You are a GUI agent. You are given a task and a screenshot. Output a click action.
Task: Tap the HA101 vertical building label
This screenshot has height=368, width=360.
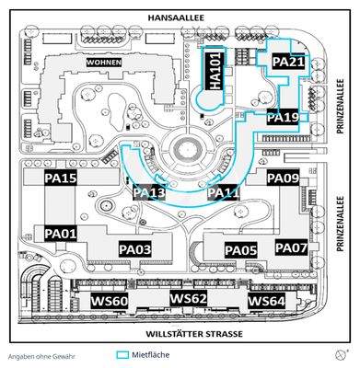(215, 71)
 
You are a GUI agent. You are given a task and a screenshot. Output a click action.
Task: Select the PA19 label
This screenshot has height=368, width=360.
(283, 118)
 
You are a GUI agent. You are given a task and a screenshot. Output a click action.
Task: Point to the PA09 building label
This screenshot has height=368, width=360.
(283, 178)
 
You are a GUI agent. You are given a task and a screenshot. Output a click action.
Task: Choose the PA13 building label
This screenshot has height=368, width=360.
(149, 192)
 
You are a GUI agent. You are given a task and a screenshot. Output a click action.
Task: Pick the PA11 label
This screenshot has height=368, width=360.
(224, 192)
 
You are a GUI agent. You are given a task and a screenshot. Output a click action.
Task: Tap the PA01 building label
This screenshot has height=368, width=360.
(61, 234)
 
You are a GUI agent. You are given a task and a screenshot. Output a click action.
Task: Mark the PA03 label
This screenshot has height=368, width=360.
(134, 249)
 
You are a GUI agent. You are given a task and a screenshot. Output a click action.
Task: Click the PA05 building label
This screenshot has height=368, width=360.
(241, 250)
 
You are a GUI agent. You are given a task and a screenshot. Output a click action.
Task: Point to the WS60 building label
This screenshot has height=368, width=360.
(110, 301)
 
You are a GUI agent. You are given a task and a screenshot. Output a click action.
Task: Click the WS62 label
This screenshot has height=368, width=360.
(188, 299)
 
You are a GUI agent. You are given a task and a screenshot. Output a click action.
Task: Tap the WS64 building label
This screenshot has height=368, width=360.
(266, 301)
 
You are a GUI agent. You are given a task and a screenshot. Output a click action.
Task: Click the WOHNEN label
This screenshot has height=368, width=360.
(104, 62)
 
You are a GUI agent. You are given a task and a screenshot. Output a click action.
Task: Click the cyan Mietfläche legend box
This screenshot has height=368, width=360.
(122, 354)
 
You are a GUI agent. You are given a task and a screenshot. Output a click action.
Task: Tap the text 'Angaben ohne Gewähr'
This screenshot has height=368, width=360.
(42, 355)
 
